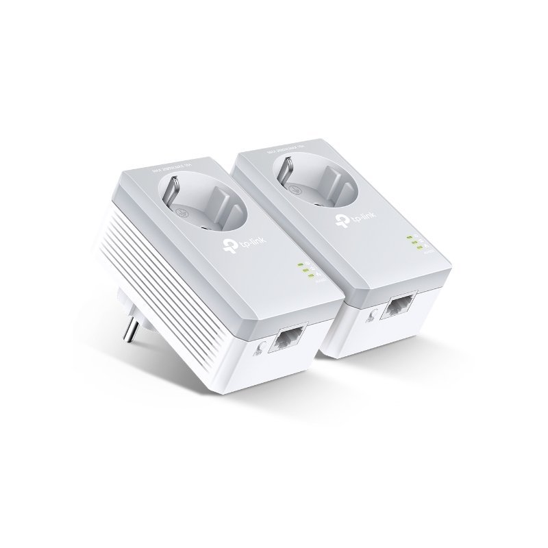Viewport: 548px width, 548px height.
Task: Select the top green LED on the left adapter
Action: click(299, 264)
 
